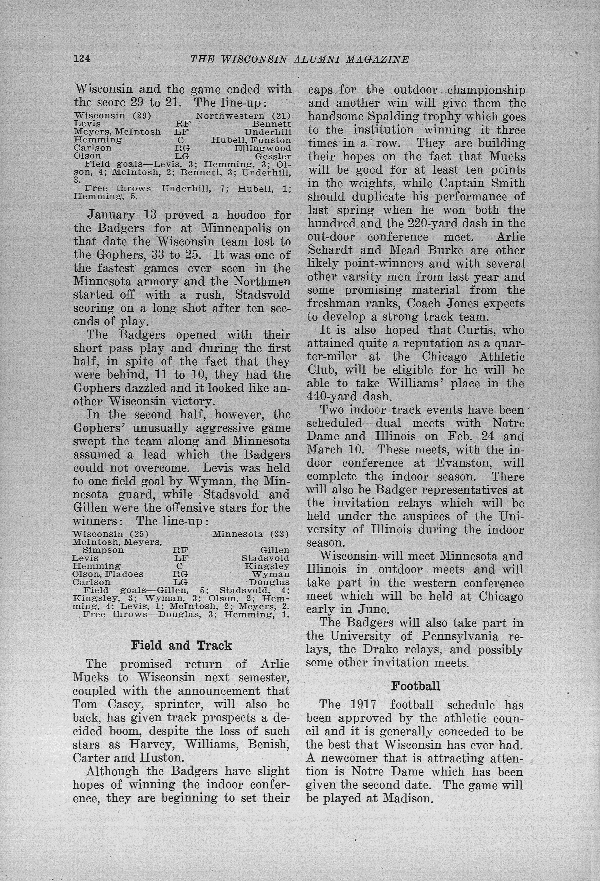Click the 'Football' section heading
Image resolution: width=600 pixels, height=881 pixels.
tap(415, 686)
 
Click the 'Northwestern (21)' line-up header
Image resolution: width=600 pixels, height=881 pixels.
tap(243, 116)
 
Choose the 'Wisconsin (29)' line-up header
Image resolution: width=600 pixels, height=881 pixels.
tap(112, 116)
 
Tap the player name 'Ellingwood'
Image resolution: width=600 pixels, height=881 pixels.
tap(263, 148)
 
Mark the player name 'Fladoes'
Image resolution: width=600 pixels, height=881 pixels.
tap(128, 574)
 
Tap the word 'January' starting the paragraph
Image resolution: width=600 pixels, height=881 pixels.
tap(111, 215)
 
